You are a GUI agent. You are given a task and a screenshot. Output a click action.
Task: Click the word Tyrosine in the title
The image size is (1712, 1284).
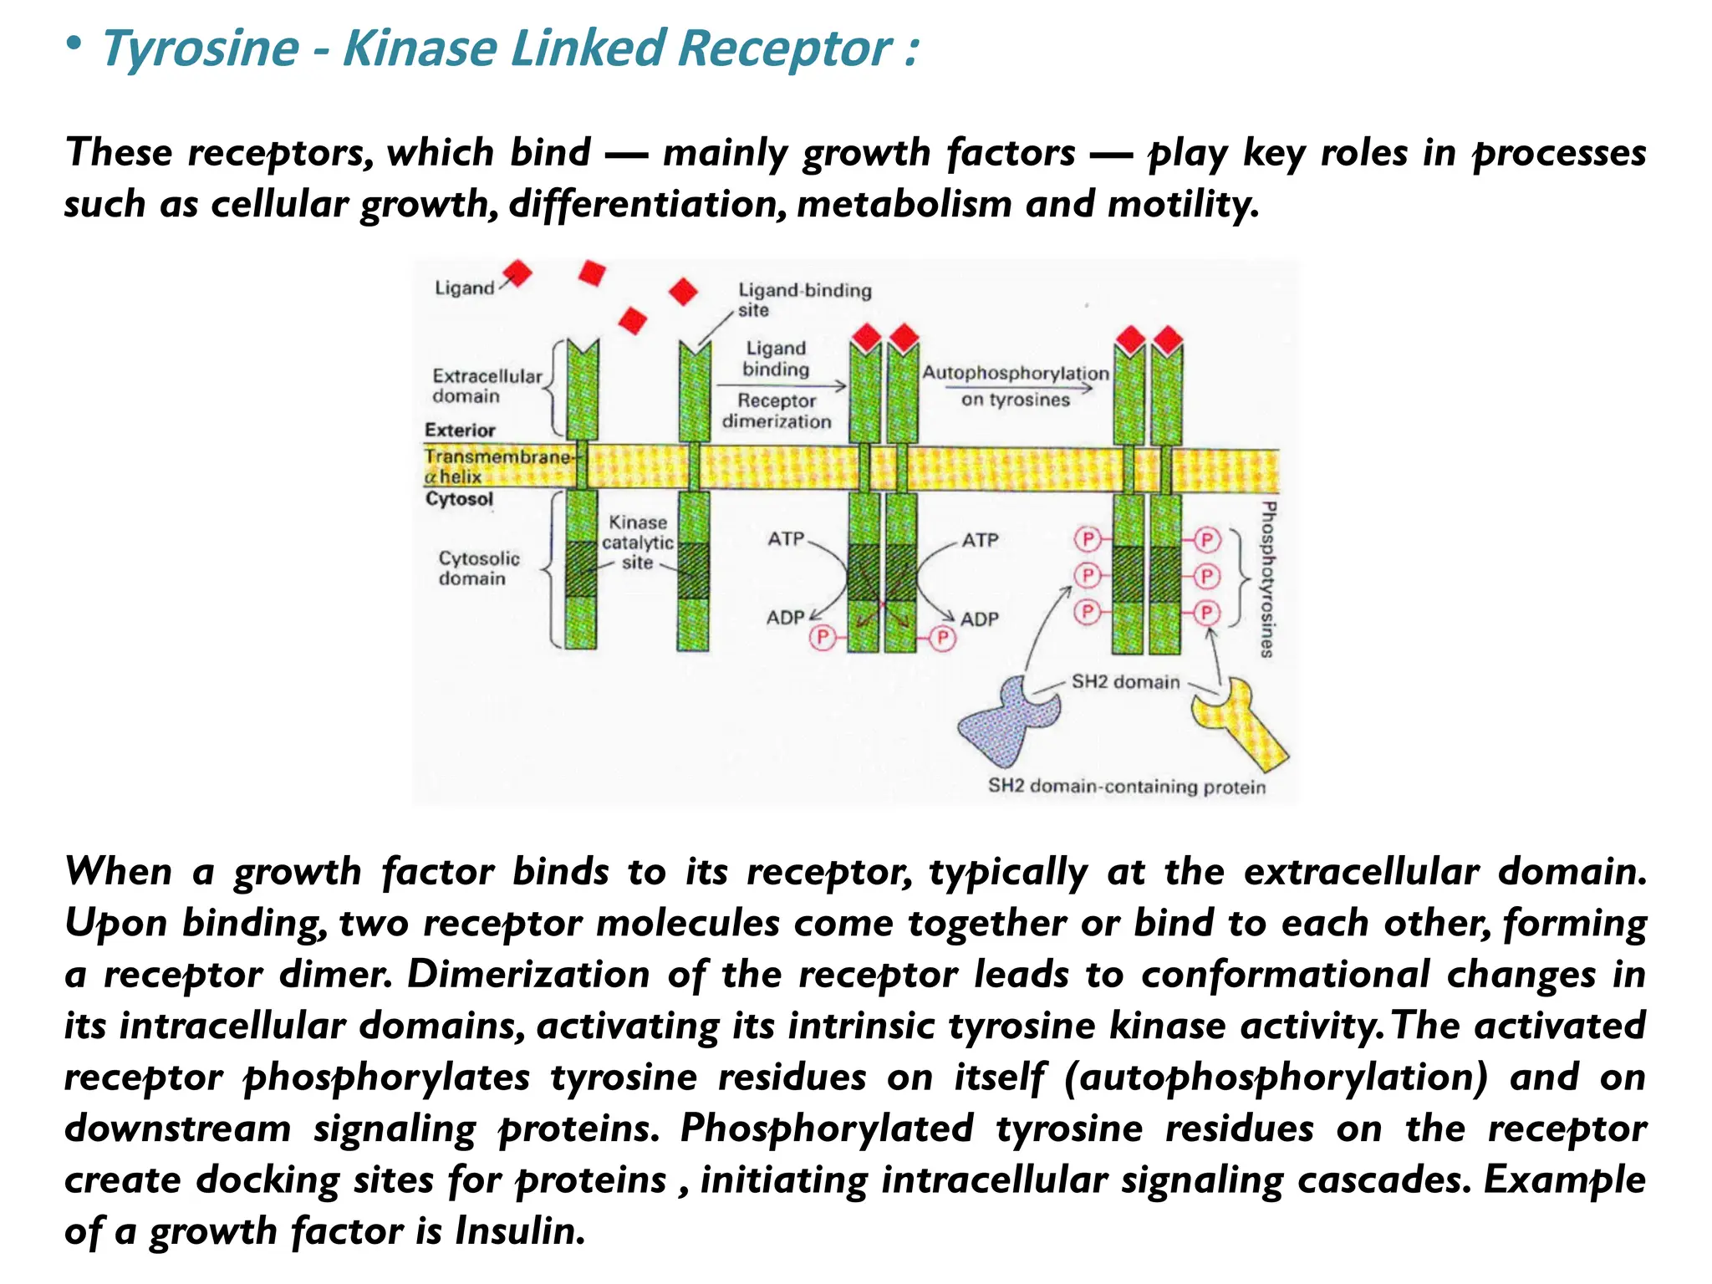point(200,48)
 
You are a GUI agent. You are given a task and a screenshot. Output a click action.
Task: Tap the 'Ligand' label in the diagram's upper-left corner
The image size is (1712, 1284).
point(465,288)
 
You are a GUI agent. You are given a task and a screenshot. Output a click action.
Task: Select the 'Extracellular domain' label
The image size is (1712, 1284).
point(487,386)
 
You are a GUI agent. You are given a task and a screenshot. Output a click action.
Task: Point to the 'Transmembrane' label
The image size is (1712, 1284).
point(497,457)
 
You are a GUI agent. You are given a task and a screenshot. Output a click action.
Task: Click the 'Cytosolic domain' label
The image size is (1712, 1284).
point(478,568)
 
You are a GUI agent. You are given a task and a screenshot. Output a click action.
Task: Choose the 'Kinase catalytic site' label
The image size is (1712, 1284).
point(637,543)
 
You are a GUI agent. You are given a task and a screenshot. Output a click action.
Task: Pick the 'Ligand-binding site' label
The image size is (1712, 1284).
point(803,299)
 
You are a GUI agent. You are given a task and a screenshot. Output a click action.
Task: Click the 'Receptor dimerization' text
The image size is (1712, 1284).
point(777,411)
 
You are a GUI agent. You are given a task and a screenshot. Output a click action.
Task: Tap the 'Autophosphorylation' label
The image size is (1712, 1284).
point(1015,374)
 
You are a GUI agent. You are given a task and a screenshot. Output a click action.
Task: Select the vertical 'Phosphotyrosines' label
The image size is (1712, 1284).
point(1267,579)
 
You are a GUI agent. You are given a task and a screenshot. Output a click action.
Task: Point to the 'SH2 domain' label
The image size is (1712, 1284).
point(1125,682)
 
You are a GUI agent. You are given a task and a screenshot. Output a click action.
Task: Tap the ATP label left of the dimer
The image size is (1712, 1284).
point(786,539)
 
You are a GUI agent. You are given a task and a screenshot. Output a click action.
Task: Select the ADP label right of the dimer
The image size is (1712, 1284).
point(979,619)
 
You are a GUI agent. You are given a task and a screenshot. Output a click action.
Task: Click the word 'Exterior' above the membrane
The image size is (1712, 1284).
point(460,431)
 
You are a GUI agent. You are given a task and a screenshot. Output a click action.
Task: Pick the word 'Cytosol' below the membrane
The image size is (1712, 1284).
point(459,499)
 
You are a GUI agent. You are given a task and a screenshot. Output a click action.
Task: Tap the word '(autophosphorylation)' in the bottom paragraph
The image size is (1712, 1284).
point(1276,1077)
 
